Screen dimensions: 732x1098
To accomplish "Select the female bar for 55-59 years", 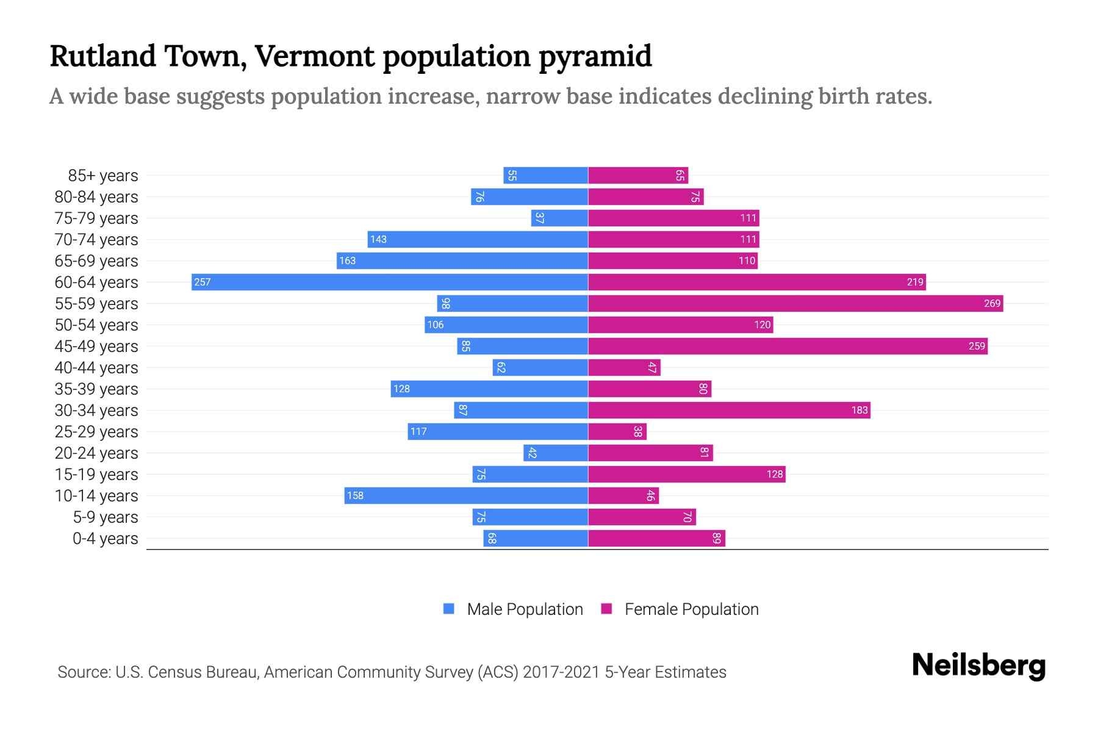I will point(795,303).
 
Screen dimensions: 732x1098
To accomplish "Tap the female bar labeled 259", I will point(788,346).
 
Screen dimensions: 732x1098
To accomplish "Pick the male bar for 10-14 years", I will point(466,495).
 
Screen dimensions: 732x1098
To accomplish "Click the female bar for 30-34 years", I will point(729,410).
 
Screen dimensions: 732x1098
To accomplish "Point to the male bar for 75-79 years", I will point(559,218).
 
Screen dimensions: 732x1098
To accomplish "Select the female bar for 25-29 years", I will point(617,431).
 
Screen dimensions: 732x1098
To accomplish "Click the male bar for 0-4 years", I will point(536,538).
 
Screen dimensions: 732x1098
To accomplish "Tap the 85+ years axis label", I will point(103,176).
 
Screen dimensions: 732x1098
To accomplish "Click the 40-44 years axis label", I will point(96,368).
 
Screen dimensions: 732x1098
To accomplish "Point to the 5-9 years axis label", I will point(106,517).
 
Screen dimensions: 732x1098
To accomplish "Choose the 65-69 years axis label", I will point(96,261).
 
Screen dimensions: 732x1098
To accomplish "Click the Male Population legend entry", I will point(525,609).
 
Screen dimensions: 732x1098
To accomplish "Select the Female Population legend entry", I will point(691,609).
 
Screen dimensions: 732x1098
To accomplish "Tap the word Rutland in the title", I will point(102,56).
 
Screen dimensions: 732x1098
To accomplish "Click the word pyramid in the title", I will point(595,56).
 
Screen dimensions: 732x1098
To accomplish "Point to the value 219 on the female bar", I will point(914,282).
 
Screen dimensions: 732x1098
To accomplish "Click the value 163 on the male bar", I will point(347,260).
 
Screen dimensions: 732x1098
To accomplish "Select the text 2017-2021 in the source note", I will point(561,672).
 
